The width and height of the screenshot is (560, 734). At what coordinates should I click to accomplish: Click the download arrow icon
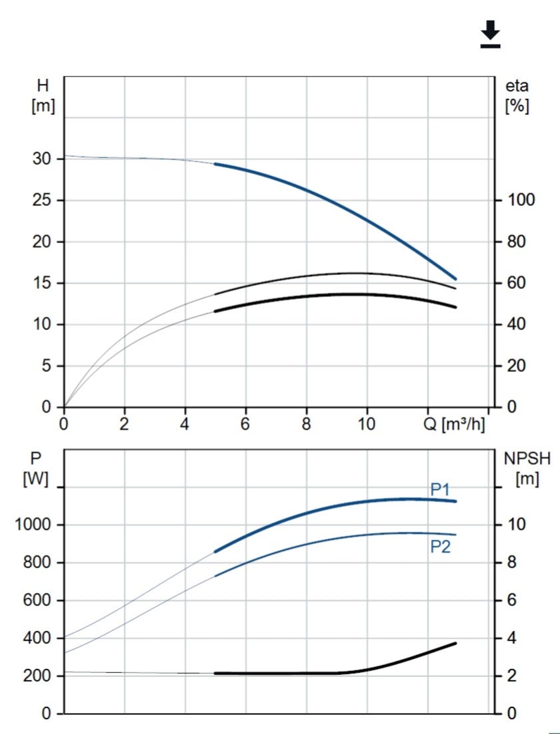pyautogui.click(x=490, y=34)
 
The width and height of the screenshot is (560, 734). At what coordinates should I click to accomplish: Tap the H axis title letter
pyautogui.click(x=41, y=86)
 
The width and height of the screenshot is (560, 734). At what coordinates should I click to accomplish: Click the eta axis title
pyautogui.click(x=517, y=86)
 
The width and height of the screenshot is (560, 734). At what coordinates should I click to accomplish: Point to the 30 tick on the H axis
pyautogui.click(x=42, y=159)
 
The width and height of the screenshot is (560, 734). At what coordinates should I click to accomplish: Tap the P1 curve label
pyautogui.click(x=441, y=490)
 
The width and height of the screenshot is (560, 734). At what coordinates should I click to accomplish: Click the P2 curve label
pyautogui.click(x=441, y=547)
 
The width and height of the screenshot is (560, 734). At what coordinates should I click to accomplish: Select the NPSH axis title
pyautogui.click(x=527, y=458)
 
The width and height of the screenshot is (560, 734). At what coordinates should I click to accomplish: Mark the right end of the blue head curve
pyautogui.click(x=456, y=279)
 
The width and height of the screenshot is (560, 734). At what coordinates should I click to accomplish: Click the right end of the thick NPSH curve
pyautogui.click(x=456, y=643)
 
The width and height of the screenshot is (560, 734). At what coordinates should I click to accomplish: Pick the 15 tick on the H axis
pyautogui.click(x=42, y=283)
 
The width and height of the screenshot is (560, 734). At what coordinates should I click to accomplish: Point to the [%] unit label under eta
pyautogui.click(x=517, y=106)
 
